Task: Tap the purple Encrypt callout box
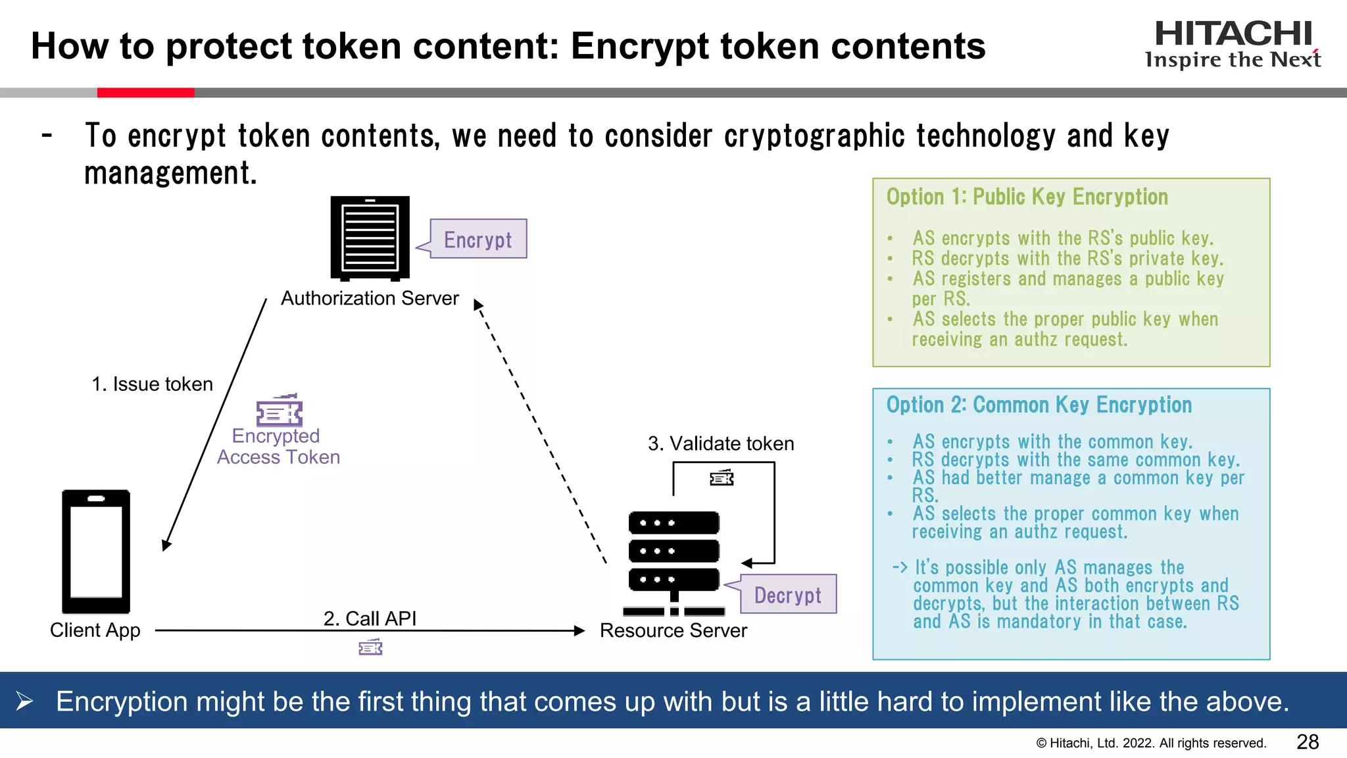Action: [x=478, y=239]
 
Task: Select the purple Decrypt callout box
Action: [x=787, y=594]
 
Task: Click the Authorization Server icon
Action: [x=370, y=238]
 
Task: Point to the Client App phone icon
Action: [x=96, y=551]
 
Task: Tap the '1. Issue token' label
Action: [x=152, y=384]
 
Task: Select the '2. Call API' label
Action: [x=370, y=619]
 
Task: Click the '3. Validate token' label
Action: [x=721, y=443]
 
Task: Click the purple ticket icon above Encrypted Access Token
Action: [x=280, y=411]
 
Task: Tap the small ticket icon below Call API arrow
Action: [x=370, y=647]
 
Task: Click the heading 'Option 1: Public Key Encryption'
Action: [x=1027, y=197]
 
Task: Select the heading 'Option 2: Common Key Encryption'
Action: [x=1039, y=405]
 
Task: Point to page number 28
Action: [x=1308, y=742]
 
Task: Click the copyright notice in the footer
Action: [x=1151, y=744]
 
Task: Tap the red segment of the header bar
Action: [x=145, y=93]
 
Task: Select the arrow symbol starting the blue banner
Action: [x=25, y=701]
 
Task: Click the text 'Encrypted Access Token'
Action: [x=278, y=446]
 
